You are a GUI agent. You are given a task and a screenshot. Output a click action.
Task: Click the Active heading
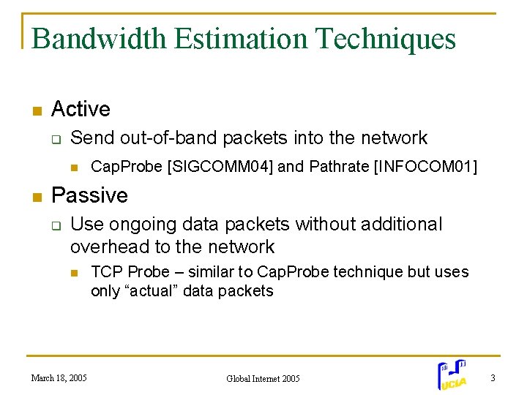coord(81,110)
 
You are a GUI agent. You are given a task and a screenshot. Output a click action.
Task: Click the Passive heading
coord(89,195)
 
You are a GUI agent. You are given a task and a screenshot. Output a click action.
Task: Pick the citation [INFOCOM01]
coord(425,167)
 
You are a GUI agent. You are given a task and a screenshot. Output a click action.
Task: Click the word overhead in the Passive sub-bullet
coord(106,247)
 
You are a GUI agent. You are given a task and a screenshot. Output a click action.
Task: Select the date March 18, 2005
coord(59,378)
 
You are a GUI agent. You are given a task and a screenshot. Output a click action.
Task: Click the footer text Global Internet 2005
coord(263,379)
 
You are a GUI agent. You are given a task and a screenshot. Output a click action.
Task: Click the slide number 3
coord(493,378)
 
